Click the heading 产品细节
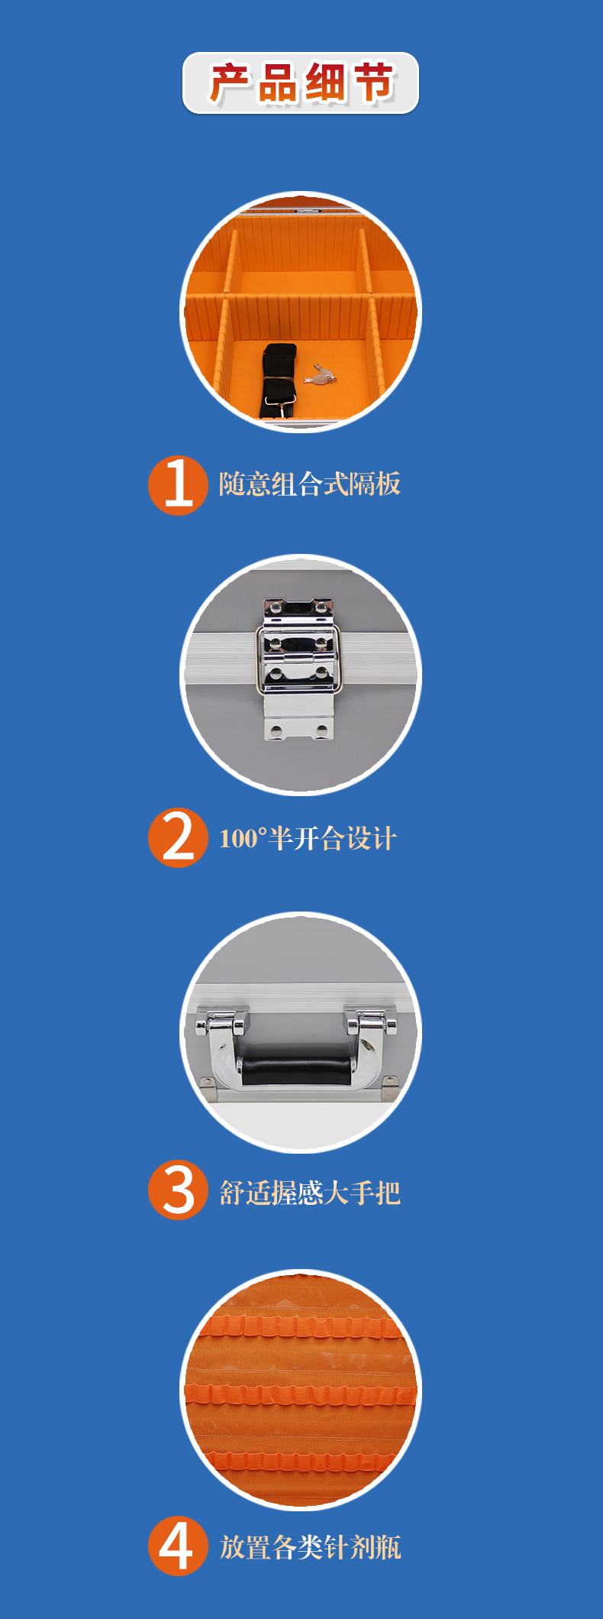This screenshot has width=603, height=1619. tap(301, 83)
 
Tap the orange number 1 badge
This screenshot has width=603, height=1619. tap(178, 485)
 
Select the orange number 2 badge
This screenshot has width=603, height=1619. tap(178, 837)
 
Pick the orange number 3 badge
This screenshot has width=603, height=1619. tap(178, 1190)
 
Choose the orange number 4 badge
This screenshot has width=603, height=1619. tap(178, 1546)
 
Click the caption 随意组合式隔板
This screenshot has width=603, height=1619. tap(309, 484)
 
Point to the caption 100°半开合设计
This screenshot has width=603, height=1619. tap(308, 838)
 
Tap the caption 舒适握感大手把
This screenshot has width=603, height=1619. tap(309, 1192)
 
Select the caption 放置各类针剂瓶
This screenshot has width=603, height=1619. tap(310, 1547)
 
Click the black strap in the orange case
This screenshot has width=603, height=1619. tap(279, 380)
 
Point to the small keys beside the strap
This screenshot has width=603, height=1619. tap(320, 374)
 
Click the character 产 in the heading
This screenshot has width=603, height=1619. tap(230, 83)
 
